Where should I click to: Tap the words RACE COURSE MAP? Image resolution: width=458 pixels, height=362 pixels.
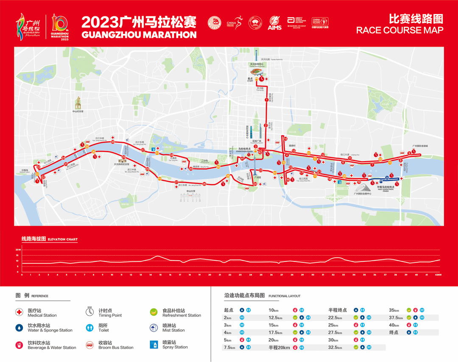pyautogui.click(x=399, y=30)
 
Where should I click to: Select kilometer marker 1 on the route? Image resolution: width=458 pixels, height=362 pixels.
pyautogui.click(x=266, y=100)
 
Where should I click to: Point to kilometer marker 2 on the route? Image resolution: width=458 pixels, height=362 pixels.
pyautogui.click(x=266, y=125)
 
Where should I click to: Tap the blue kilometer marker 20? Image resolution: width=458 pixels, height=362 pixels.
pyautogui.click(x=387, y=178)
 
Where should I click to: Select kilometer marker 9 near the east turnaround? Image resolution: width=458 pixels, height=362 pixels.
pyautogui.click(x=409, y=153)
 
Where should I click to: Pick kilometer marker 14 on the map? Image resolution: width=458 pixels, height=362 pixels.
pyautogui.click(x=285, y=139)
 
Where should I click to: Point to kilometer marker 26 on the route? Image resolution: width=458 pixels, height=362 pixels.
pyautogui.click(x=204, y=184)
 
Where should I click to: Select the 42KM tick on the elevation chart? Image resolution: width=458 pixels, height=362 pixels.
pyautogui.click(x=438, y=275)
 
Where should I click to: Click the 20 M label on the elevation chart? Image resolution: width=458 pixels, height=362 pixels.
pyautogui.click(x=18, y=250)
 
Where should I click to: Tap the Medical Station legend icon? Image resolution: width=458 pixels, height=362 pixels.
pyautogui.click(x=19, y=312)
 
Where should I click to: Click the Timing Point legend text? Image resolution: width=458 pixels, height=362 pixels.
pyautogui.click(x=110, y=313)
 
